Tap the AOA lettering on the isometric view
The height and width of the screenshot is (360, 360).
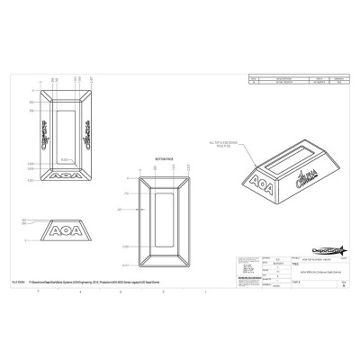(x=260, y=181)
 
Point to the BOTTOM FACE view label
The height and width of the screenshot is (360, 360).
(x=162, y=155)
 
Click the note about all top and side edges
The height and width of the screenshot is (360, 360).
(x=220, y=143)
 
